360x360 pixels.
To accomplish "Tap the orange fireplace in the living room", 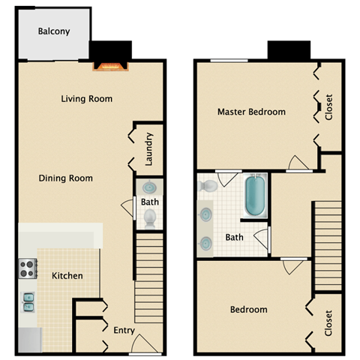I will coord(111,66).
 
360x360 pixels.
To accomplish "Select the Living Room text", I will coord(86,98).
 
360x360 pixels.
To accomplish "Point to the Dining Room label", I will coord(67,178).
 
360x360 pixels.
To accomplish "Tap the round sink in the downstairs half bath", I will coord(148,188).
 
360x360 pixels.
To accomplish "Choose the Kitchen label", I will coord(67,276).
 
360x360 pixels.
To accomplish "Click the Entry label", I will coord(124,330).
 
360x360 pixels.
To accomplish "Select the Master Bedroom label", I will coord(251,112).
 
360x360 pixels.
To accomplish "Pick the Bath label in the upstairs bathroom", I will coord(234,238).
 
